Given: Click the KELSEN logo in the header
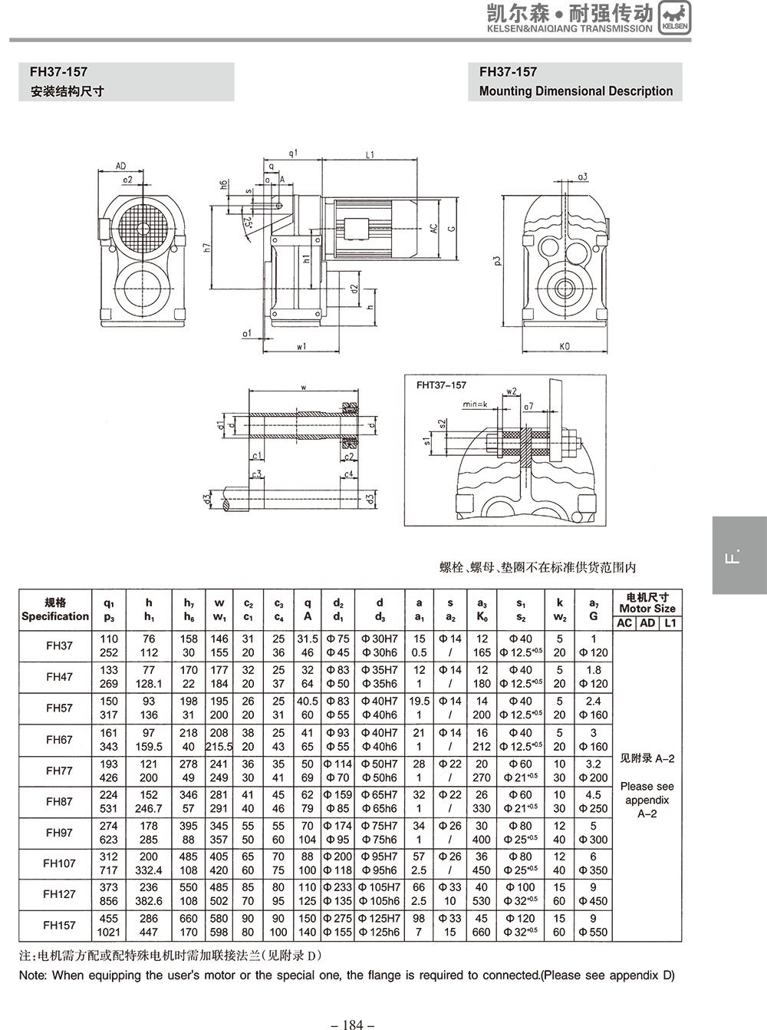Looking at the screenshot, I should tap(674, 18).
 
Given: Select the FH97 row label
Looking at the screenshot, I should tap(59, 833).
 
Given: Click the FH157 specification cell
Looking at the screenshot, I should tap(59, 925).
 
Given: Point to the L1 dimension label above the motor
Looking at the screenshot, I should tap(370, 154).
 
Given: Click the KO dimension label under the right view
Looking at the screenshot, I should tap(565, 346).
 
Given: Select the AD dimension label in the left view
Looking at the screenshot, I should tap(121, 166).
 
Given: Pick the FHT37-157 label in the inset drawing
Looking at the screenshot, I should tap(441, 385).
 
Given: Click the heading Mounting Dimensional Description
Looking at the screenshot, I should tap(575, 91).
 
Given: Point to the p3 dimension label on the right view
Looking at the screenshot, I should tap(498, 261).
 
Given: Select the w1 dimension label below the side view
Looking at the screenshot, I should tap(301, 346).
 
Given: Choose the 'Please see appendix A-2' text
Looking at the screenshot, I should tap(647, 799).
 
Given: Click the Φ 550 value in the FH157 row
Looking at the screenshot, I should tap(593, 933).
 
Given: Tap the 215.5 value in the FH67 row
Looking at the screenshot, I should tap(219, 746).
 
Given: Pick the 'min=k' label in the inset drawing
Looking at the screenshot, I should tap(476, 404).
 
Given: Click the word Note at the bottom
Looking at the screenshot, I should tap(32, 976).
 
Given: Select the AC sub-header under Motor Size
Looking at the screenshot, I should tap(624, 622).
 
